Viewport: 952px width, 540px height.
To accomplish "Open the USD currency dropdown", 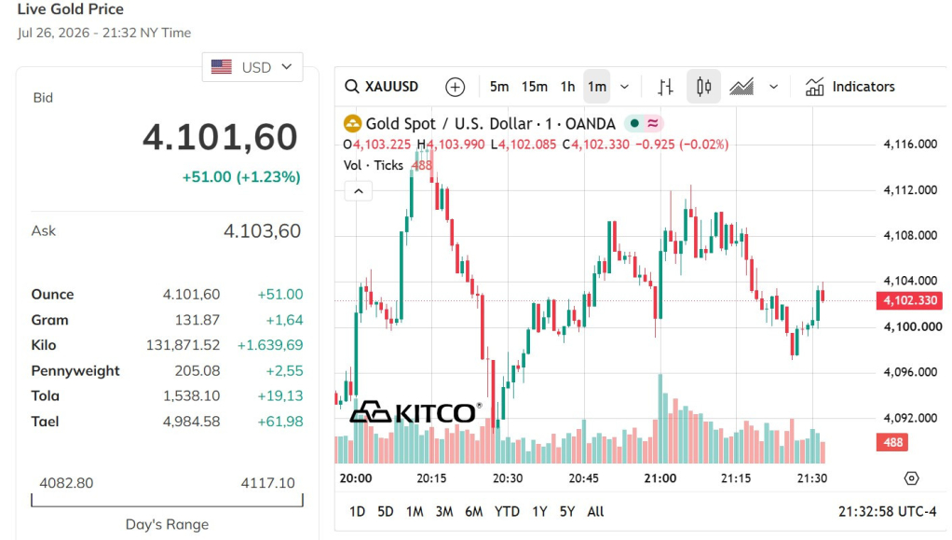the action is [x=252, y=67].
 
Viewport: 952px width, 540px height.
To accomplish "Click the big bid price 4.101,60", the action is [x=221, y=137].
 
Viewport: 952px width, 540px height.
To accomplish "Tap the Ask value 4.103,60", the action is [x=263, y=231].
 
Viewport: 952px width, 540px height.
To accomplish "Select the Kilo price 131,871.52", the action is [x=183, y=345].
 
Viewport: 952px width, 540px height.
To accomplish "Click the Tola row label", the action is [x=45, y=395].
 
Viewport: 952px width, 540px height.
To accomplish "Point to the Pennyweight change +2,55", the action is [x=284, y=371].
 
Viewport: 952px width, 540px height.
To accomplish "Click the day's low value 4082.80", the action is [x=66, y=483].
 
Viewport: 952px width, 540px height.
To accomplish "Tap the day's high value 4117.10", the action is [x=267, y=483].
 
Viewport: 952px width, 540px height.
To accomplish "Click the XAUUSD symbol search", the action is [x=381, y=87].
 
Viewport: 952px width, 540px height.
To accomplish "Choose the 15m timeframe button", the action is [x=535, y=87].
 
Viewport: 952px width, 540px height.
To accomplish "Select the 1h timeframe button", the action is [x=567, y=87].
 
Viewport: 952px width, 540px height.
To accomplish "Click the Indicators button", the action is [x=850, y=87].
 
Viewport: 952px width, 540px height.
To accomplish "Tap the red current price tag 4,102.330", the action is [x=910, y=300].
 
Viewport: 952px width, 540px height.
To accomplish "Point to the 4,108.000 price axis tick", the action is [x=910, y=235].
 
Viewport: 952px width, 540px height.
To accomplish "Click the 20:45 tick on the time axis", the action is [x=583, y=478].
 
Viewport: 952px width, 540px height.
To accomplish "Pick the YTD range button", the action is [x=507, y=511].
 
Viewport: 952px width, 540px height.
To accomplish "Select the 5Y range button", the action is [x=567, y=511].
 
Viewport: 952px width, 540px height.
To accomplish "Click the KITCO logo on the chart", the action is [x=415, y=412].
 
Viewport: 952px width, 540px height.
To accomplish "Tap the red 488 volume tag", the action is [x=892, y=442].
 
